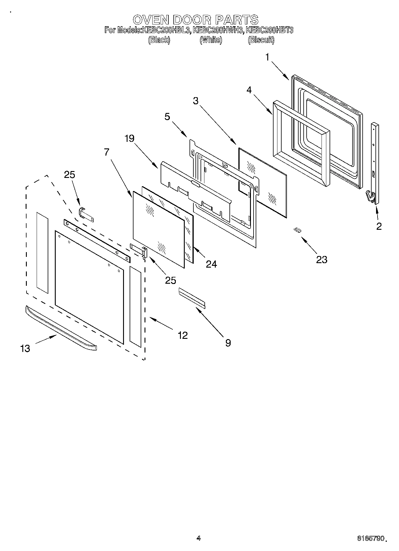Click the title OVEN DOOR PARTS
[195, 20]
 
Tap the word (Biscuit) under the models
[261, 40]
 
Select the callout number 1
[267, 57]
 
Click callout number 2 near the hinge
[379, 226]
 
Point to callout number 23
[322, 260]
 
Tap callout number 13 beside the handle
[25, 348]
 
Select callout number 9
[228, 343]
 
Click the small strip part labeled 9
[192, 297]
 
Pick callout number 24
[211, 264]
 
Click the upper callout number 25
[70, 175]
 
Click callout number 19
[130, 138]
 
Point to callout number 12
[182, 335]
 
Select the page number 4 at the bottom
[198, 538]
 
